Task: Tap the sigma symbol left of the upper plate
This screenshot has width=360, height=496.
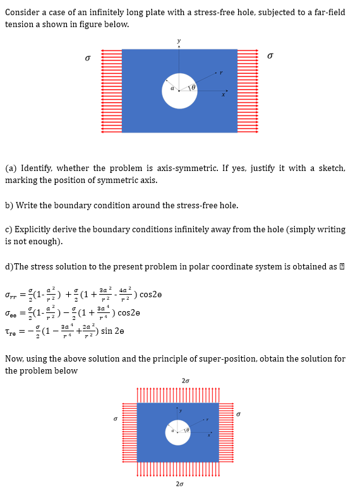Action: coord(88,57)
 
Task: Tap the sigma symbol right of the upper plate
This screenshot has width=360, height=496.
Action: coord(270,56)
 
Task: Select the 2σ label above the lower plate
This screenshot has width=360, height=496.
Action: coord(185,381)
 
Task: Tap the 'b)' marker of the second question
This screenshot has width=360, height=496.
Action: coord(9,205)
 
